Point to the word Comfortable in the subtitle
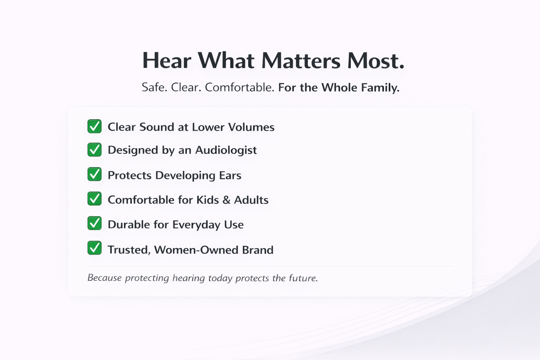[x=240, y=87]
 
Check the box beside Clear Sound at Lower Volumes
[x=95, y=126]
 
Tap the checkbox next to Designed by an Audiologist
[x=95, y=149]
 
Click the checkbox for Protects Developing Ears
[x=95, y=174]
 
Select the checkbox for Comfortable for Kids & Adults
[x=95, y=198]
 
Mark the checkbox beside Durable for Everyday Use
[x=95, y=223]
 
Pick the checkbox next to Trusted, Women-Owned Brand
[x=95, y=247]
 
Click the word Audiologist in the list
[x=226, y=150]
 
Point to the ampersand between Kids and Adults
[x=226, y=200]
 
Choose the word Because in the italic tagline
[x=104, y=278]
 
